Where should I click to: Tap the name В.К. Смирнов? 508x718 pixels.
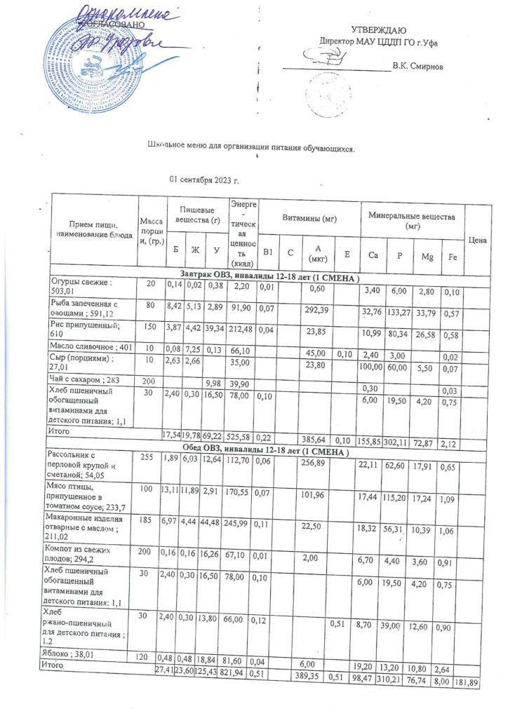pos(418,67)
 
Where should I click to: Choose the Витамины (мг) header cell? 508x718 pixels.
pos(309,217)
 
